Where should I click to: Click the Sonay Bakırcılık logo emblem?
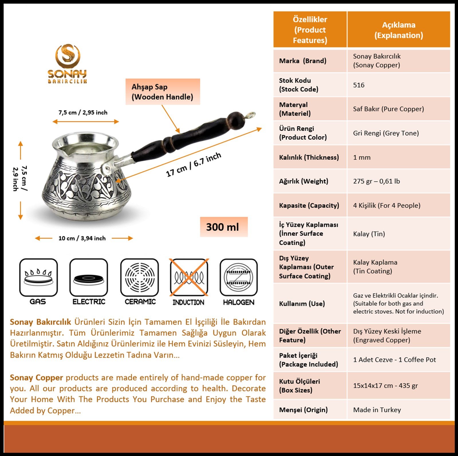click(x=68, y=56)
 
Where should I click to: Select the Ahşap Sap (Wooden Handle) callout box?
click(x=162, y=92)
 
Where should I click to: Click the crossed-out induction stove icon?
click(x=189, y=277)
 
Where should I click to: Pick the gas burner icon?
click(x=38, y=277)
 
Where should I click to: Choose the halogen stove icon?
click(x=238, y=277)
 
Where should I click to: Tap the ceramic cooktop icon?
click(x=140, y=277)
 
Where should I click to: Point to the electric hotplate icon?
click(x=88, y=277)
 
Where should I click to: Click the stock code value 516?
click(x=359, y=85)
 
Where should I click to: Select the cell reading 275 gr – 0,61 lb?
click(x=376, y=181)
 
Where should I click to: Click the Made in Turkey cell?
click(x=377, y=410)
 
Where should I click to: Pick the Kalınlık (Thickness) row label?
click(x=309, y=157)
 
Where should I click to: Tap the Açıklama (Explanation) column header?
click(x=398, y=30)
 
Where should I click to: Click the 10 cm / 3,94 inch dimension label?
click(x=82, y=238)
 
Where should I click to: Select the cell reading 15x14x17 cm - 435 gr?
click(x=385, y=385)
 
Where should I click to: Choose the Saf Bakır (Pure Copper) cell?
click(x=388, y=109)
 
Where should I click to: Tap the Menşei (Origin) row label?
click(x=303, y=410)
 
